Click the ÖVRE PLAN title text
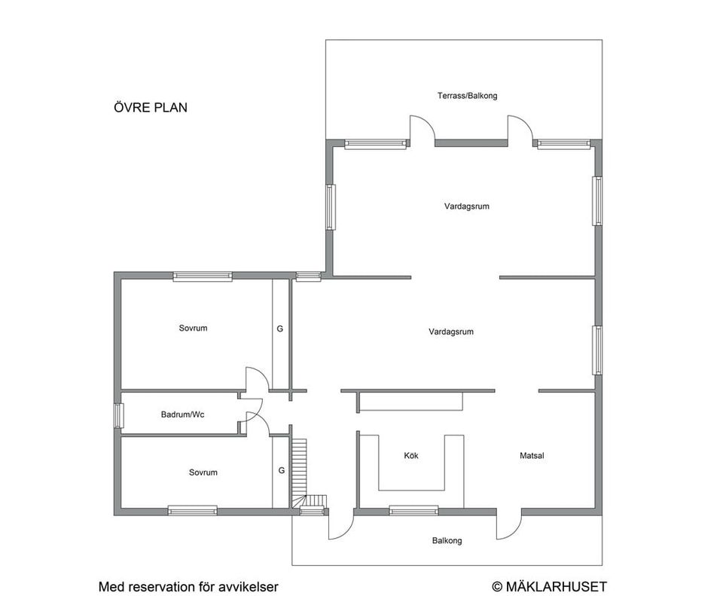[x=150, y=108]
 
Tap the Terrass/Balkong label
[x=467, y=96]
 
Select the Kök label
[x=411, y=456]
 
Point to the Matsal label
[x=532, y=456]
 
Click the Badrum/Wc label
[x=182, y=414]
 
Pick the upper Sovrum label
[x=193, y=328]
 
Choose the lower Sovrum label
[x=203, y=472]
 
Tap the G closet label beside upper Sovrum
[x=280, y=329]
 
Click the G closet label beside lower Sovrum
[x=282, y=470]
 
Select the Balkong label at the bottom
[x=447, y=541]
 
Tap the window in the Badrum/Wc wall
[x=118, y=416]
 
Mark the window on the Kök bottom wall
[x=413, y=511]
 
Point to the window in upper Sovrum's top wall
[x=203, y=277]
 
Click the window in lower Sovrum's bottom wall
[x=192, y=511]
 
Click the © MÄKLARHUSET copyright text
[x=549, y=586]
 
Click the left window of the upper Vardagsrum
[x=330, y=207]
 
